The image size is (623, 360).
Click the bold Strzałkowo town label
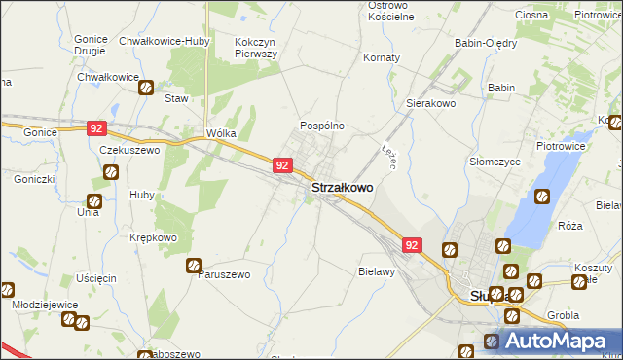click(x=342, y=188)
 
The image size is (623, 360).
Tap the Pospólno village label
click(x=321, y=126)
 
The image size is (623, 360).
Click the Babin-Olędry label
click(x=486, y=43)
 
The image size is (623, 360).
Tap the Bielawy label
click(x=376, y=271)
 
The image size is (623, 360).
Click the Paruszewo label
click(x=224, y=274)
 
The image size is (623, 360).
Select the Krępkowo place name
click(x=154, y=237)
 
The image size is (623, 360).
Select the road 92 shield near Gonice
click(x=94, y=127)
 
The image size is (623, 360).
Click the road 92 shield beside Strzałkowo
click(x=281, y=165)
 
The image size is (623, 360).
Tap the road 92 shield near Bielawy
click(x=413, y=246)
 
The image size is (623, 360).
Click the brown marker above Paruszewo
click(x=194, y=264)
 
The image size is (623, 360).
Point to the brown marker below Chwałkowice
click(x=145, y=88)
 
